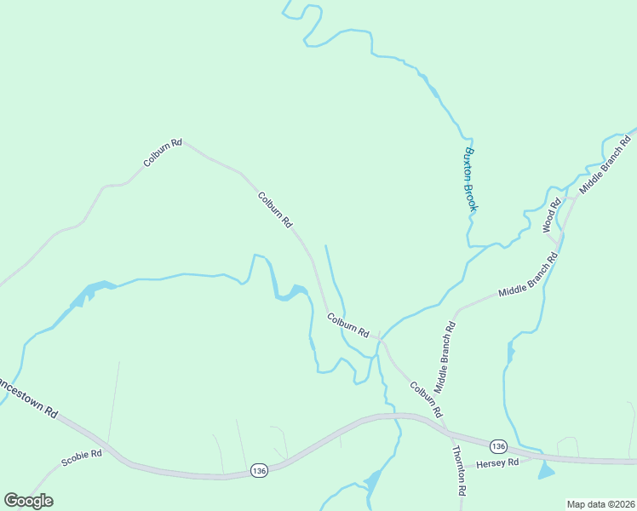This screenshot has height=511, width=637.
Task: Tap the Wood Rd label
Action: click(553, 215)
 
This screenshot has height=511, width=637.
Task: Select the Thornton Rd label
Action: click(460, 471)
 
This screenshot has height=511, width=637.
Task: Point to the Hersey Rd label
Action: click(497, 463)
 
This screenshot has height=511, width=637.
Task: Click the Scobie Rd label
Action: click(82, 458)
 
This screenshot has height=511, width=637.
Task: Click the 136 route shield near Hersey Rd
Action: click(498, 446)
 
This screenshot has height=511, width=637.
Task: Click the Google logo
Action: click(28, 501)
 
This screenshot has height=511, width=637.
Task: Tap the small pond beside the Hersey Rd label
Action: click(545, 471)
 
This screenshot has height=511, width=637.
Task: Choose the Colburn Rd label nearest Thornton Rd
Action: click(427, 399)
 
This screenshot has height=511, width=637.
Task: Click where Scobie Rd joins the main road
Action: click(112, 450)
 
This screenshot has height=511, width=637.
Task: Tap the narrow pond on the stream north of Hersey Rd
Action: click(510, 352)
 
